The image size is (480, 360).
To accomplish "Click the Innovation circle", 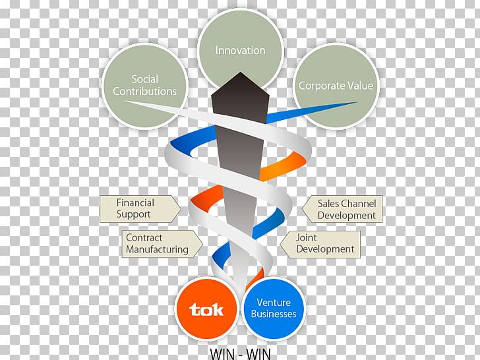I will pos(240,40).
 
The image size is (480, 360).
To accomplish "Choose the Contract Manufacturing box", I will pos(156,243).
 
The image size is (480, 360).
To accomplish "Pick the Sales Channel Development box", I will pos(343,209).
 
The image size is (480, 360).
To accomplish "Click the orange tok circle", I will pos(206,309).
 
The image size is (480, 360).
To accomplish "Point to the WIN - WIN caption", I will pos(240,353).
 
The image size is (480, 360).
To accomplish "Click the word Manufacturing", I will pos(157,249).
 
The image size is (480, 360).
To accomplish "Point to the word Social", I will pos(145,79).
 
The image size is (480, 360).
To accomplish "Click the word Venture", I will pos(274,302).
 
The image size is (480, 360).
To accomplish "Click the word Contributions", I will pos(144,91).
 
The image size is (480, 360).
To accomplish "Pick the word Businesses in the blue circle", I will pos(274,314).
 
